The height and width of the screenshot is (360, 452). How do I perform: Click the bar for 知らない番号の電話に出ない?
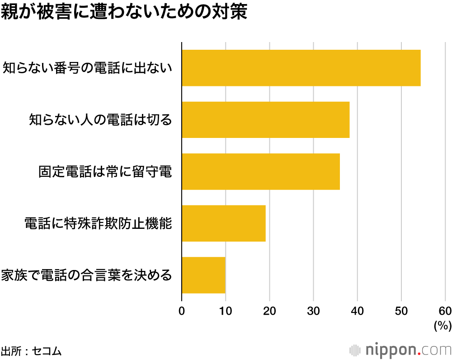tap(301, 68)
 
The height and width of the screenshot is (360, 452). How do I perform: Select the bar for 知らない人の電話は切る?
tap(266, 120)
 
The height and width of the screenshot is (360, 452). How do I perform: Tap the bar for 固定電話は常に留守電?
tap(261, 171)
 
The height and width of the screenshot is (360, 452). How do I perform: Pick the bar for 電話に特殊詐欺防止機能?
tap(224, 223)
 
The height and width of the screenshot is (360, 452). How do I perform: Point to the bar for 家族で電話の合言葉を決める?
tap(203, 275)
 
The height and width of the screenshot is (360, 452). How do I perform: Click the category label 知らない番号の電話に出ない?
tap(88, 68)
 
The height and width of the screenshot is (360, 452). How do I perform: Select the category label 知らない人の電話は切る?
tap(100, 120)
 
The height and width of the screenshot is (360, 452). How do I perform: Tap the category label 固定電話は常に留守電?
tap(105, 172)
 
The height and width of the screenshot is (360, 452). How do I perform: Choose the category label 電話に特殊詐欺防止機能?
tap(98, 224)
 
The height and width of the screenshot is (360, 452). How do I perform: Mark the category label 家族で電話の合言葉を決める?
tap(87, 275)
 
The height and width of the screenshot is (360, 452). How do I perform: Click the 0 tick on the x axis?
tap(182, 311)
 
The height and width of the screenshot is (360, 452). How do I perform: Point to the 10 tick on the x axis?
tap(226, 311)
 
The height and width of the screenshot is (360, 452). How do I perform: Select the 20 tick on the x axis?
tap(269, 311)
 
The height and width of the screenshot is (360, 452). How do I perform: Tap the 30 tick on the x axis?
tap(313, 311)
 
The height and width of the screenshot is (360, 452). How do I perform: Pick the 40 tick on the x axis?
tap(357, 311)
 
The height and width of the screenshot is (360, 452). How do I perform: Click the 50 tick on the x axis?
tap(401, 311)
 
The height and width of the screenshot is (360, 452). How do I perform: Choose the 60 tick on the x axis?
tap(445, 311)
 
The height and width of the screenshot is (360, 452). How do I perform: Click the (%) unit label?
tap(442, 325)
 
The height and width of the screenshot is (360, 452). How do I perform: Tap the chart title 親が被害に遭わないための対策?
tap(124, 12)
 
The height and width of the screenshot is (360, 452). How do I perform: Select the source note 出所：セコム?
tap(31, 351)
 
